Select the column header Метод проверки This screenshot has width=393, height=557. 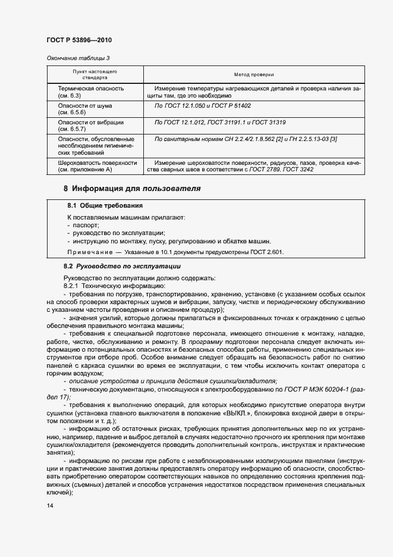(x=254, y=75)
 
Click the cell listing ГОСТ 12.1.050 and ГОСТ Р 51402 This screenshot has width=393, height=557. (x=203, y=105)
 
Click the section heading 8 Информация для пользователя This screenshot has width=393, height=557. (x=132, y=189)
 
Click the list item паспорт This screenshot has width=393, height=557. (x=86, y=226)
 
